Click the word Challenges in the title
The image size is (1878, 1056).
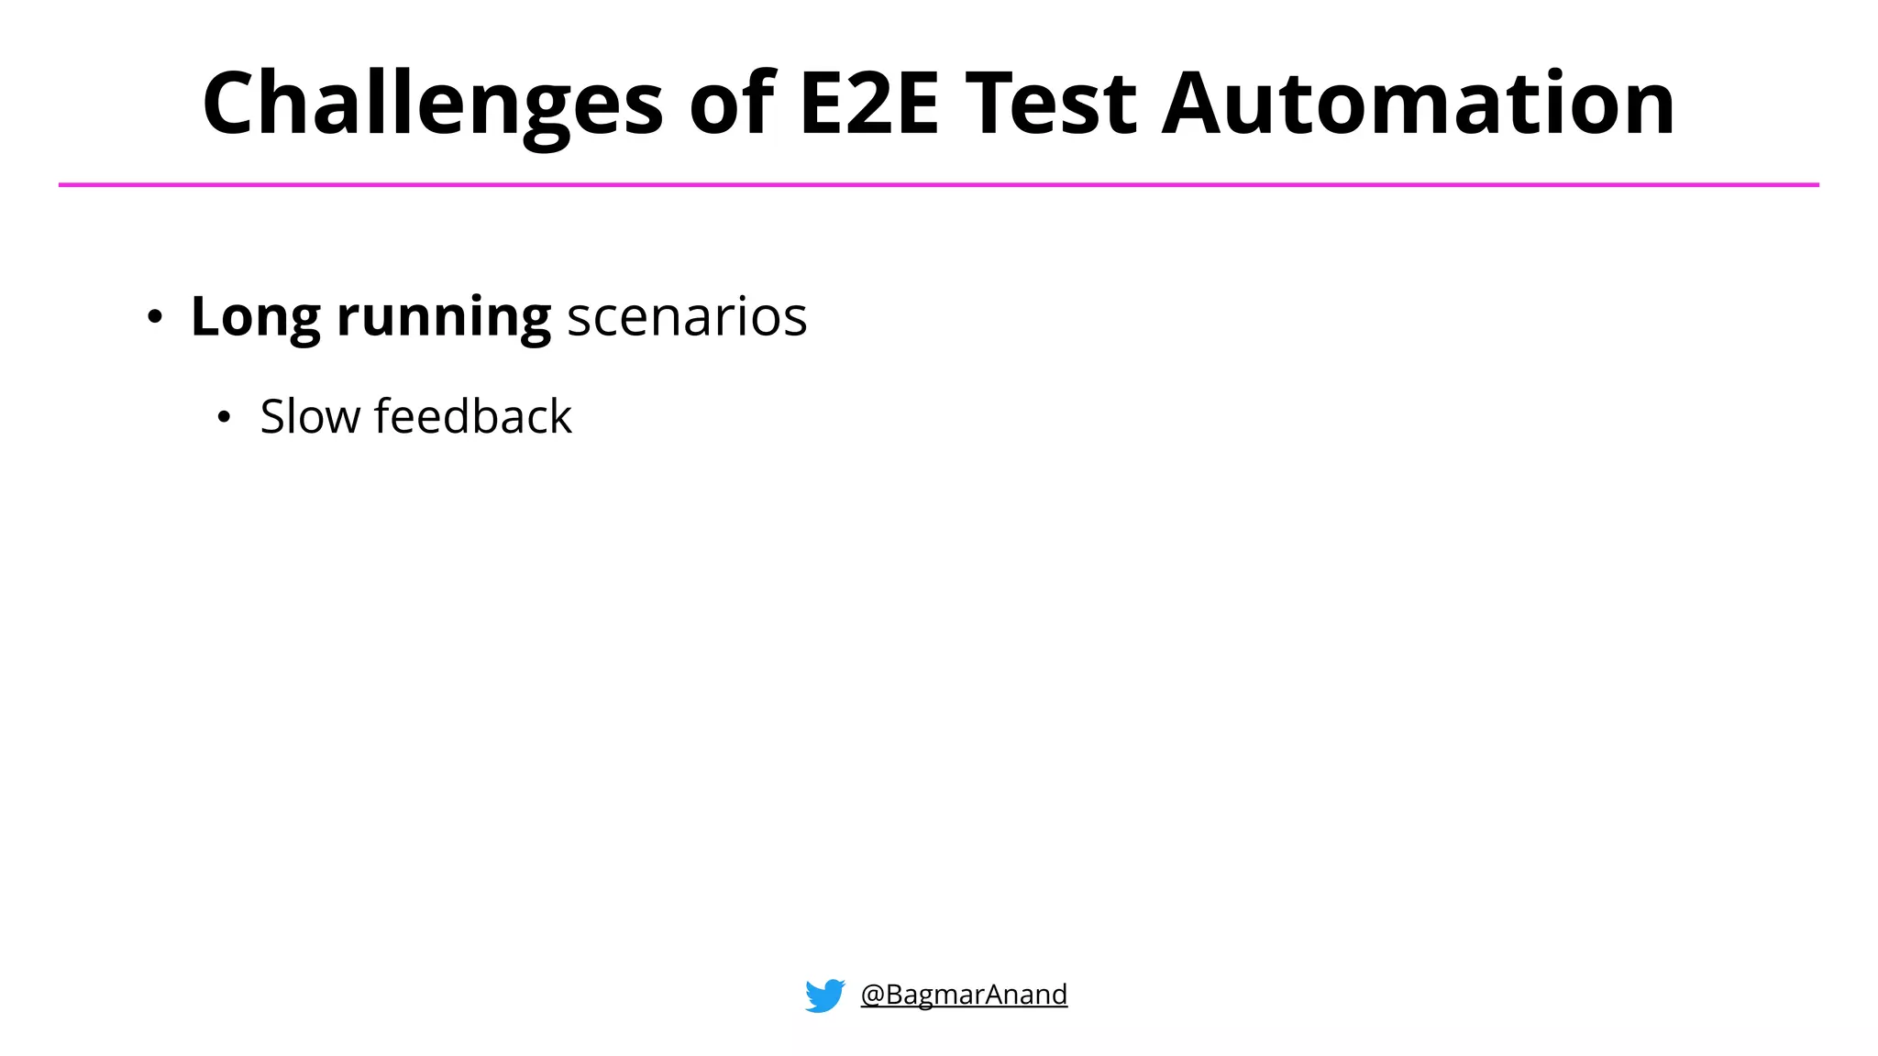point(432,104)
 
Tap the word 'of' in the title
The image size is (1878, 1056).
point(732,104)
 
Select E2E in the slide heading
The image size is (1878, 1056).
point(869,104)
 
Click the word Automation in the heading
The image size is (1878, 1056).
point(1418,104)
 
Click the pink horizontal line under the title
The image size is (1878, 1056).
point(939,185)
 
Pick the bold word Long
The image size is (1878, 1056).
point(255,317)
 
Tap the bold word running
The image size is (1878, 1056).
point(444,317)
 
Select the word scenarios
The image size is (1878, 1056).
point(687,317)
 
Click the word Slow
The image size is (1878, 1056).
point(310,417)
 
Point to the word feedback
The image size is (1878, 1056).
point(473,417)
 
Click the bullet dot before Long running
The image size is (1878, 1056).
point(155,318)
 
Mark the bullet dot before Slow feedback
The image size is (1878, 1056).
point(224,419)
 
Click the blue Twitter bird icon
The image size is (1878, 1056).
point(824,995)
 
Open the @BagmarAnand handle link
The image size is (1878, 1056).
point(964,995)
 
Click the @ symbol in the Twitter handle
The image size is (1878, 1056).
point(872,995)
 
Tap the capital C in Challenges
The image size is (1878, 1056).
point(233,104)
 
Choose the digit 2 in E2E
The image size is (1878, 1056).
point(869,104)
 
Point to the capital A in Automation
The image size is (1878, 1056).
point(1196,104)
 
